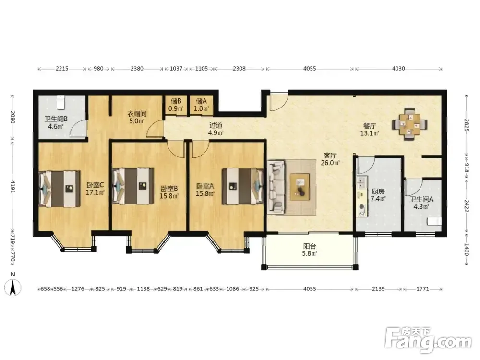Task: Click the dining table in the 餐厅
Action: click(410, 124)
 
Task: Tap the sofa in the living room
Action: click(276, 187)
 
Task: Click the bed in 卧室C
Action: click(60, 189)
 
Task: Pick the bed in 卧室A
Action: click(243, 186)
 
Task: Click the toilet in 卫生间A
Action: click(435, 221)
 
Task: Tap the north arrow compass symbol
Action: click(12, 288)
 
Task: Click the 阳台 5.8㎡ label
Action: click(310, 250)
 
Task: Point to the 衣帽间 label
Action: click(137, 114)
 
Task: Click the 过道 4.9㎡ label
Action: click(216, 129)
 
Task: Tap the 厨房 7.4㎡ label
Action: click(378, 195)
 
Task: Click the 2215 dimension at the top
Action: click(62, 69)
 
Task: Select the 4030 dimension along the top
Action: click(398, 69)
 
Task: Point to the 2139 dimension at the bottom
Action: click(378, 288)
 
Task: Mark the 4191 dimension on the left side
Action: click(12, 186)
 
